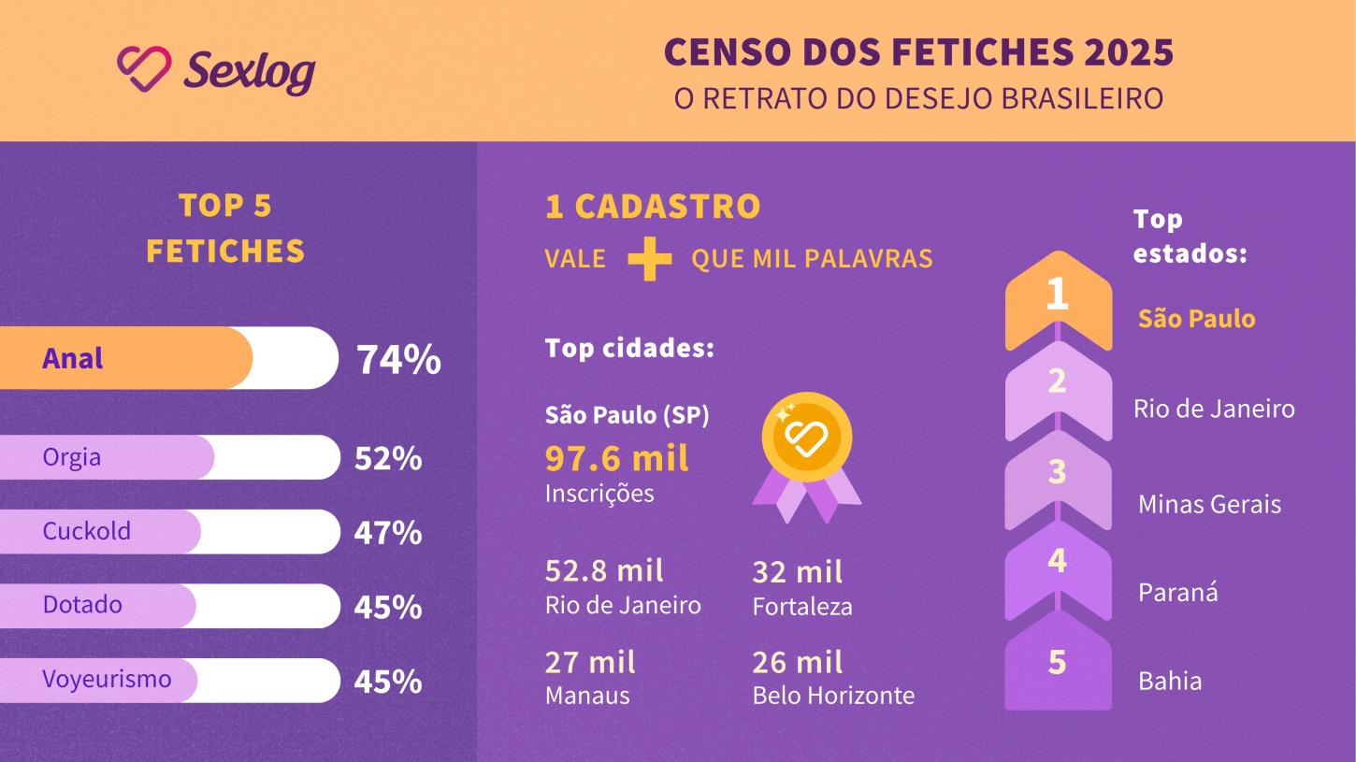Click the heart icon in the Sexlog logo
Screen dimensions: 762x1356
[x=144, y=69]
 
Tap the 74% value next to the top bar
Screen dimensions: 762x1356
[x=398, y=360]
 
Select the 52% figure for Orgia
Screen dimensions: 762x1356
[x=387, y=459]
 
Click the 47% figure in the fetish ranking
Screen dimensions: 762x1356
[x=387, y=533]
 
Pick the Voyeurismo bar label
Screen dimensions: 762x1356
[x=107, y=679]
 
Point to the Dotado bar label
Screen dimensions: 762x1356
[x=82, y=605]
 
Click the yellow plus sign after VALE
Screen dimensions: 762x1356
[x=649, y=258]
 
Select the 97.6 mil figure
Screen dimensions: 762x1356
[x=616, y=459]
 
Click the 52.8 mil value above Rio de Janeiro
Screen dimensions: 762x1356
[x=604, y=570]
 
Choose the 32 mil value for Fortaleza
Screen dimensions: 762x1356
[x=797, y=571]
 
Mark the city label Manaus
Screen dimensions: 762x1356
[x=587, y=696]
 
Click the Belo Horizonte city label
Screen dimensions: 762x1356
[x=833, y=696]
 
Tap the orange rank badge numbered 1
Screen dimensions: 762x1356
[x=1058, y=296]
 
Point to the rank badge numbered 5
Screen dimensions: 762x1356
[x=1058, y=663]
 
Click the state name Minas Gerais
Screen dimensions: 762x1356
[x=1209, y=505]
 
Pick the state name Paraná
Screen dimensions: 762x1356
[x=1177, y=593]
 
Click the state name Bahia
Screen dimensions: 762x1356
[x=1170, y=681]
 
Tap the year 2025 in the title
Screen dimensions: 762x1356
[x=1129, y=53]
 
